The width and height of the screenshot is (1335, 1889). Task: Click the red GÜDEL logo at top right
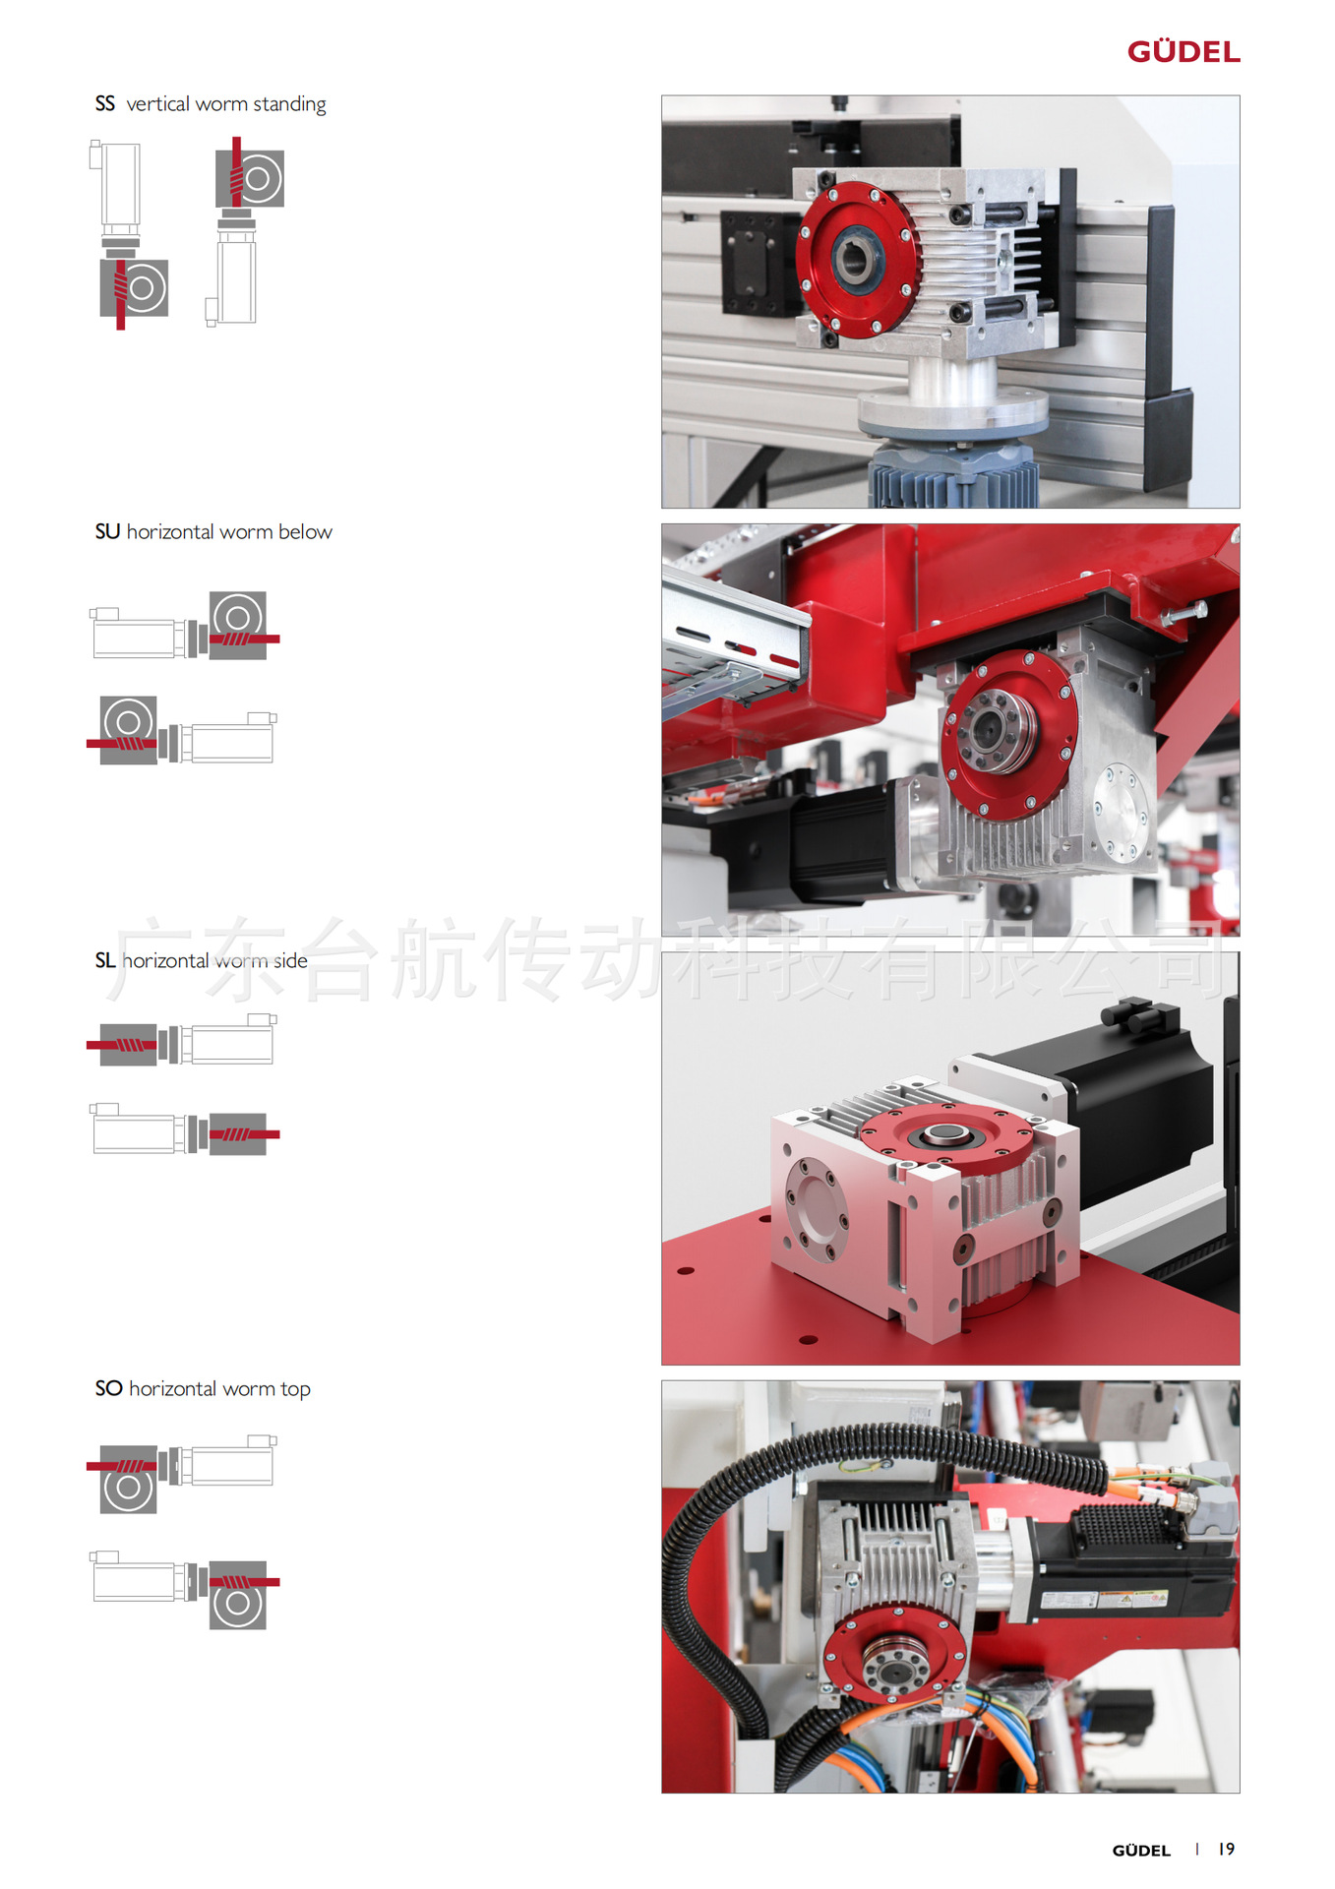point(1183,51)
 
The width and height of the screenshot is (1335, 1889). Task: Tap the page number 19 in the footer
point(1226,1849)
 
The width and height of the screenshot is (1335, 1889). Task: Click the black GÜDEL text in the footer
point(1141,1851)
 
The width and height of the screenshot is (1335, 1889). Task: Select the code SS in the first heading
point(105,103)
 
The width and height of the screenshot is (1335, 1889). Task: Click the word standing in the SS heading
point(289,104)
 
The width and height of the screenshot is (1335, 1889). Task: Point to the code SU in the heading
point(107,531)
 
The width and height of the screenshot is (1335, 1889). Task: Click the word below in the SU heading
point(305,531)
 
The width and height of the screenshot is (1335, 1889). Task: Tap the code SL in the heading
point(105,960)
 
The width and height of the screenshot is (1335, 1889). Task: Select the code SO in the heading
point(108,1388)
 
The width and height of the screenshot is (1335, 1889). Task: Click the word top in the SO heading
point(295,1389)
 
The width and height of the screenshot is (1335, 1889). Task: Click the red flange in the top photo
point(857,260)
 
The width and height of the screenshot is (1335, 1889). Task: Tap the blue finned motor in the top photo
point(952,476)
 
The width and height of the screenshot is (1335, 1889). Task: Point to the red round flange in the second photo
point(1009,734)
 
